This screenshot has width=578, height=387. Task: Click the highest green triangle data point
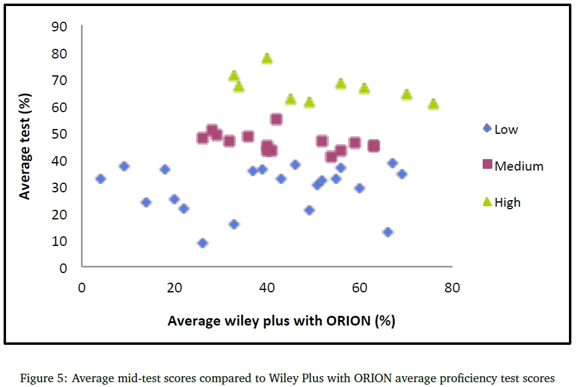point(267,58)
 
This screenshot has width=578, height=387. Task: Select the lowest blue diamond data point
point(203,243)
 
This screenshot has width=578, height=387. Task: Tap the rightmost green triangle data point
point(433,104)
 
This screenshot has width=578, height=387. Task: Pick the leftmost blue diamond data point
point(101,178)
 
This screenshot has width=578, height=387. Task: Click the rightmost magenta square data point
point(373,146)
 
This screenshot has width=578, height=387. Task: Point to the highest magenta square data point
point(276,119)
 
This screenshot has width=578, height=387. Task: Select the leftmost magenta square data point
point(203,138)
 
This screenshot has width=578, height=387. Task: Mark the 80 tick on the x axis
point(453,288)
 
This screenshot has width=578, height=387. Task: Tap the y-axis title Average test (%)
point(25,146)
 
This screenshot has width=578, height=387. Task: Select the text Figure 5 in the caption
point(42,379)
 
